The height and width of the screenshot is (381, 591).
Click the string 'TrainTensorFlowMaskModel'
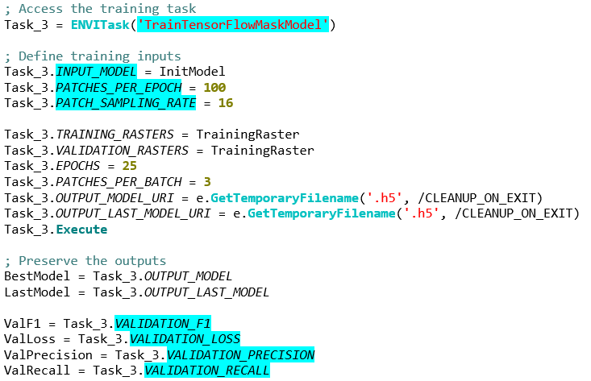(x=233, y=25)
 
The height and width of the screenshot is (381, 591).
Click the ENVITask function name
(x=100, y=25)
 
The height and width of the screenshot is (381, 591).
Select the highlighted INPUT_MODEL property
(x=96, y=72)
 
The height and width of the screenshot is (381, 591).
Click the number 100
(x=214, y=87)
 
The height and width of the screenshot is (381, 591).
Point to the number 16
(x=226, y=103)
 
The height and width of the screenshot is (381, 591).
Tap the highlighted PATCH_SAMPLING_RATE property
(x=126, y=103)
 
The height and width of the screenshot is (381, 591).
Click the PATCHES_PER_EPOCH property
(x=119, y=87)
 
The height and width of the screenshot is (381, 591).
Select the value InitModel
(x=192, y=72)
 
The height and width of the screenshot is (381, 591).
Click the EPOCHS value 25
(x=130, y=166)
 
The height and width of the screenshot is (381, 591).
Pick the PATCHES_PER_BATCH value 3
(x=207, y=182)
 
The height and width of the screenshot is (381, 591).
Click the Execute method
(x=81, y=230)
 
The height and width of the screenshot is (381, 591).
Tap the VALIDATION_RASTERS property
(x=122, y=151)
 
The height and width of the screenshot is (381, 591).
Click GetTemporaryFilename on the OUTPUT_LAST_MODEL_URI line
(x=322, y=213)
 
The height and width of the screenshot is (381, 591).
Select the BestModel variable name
(x=37, y=276)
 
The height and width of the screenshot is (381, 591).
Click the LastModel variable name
(x=37, y=292)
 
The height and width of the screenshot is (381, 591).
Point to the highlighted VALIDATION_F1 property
(x=163, y=323)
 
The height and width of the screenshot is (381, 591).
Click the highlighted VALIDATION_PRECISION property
(x=240, y=354)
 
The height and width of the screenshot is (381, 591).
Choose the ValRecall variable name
(x=37, y=371)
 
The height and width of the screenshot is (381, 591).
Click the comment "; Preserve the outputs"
(x=85, y=260)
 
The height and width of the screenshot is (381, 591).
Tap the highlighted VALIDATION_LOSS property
(x=185, y=339)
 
